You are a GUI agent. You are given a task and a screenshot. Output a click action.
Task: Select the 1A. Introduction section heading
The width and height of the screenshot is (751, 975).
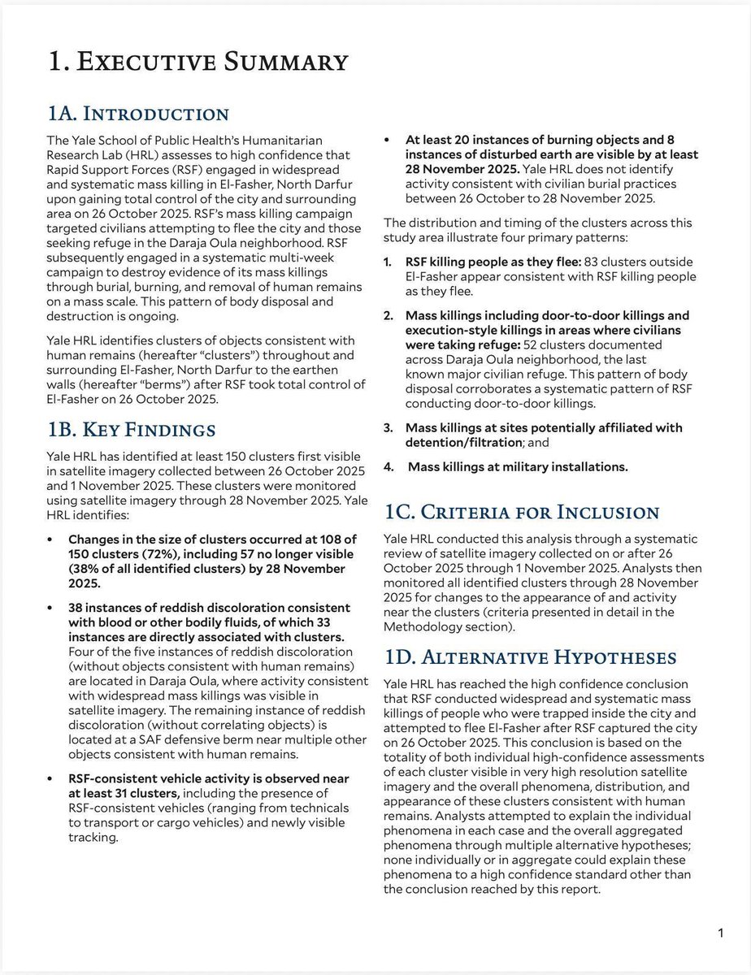(139, 113)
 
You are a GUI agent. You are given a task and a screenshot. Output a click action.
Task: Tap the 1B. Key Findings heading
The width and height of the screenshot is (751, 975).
(132, 430)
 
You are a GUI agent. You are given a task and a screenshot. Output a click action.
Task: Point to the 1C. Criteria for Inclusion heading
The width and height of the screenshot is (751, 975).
(521, 512)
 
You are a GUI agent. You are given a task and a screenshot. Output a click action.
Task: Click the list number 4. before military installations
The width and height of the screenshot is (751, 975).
(389, 467)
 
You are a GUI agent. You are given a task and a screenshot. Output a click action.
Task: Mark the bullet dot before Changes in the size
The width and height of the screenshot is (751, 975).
(52, 539)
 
